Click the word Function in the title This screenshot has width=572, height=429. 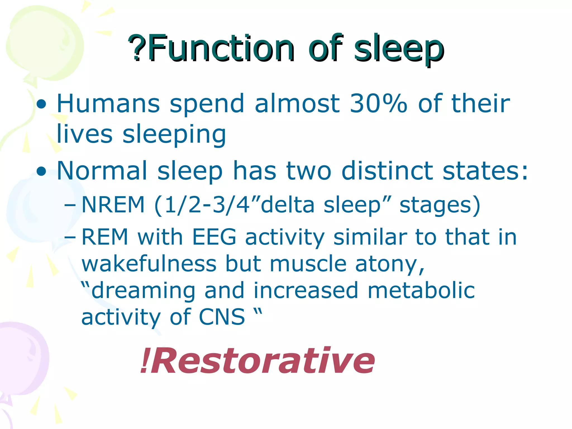click(x=221, y=48)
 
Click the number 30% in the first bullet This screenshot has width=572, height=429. click(x=378, y=103)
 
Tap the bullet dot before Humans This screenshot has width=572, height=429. click(x=42, y=104)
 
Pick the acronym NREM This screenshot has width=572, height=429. click(x=113, y=205)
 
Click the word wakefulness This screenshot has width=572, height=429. click(x=149, y=264)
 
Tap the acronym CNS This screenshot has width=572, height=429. click(x=222, y=317)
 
